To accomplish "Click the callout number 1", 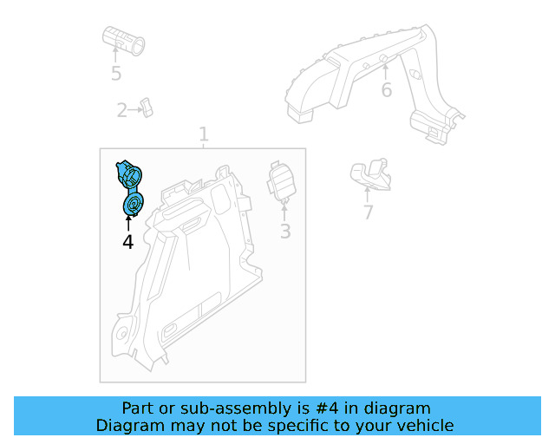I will pyautogui.click(x=204, y=134).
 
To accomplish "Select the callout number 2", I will pyautogui.click(x=122, y=110).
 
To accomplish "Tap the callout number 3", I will pyautogui.click(x=284, y=232).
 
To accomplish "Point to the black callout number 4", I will pyautogui.click(x=128, y=243).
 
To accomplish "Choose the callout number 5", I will pyautogui.click(x=116, y=73).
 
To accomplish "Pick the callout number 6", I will pyautogui.click(x=386, y=90).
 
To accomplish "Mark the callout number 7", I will pyautogui.click(x=368, y=212).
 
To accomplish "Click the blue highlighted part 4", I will pyautogui.click(x=130, y=188).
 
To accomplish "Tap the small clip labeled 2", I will pyautogui.click(x=148, y=108).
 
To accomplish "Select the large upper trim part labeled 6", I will pyautogui.click(x=373, y=78).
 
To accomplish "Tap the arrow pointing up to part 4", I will pyautogui.click(x=128, y=224).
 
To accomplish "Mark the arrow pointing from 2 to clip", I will pyautogui.click(x=136, y=110).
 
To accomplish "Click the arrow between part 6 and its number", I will pyautogui.click(x=384, y=70).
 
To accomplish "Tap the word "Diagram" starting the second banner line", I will pyautogui.click(x=129, y=425).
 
